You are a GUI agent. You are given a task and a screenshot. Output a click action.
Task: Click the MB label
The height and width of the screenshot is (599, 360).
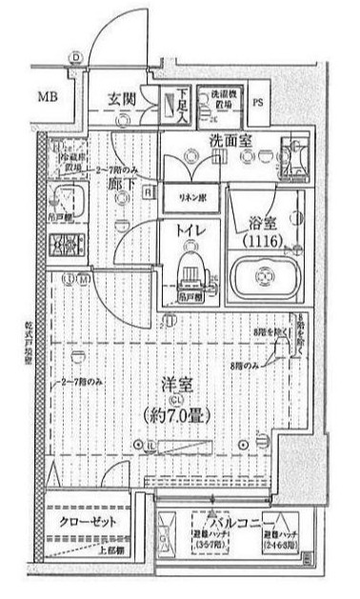tap(47, 96)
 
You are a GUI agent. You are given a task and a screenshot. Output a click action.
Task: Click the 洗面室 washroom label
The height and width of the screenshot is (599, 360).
tap(228, 138)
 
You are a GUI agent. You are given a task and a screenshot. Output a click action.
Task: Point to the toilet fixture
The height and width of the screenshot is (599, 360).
tap(192, 273)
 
